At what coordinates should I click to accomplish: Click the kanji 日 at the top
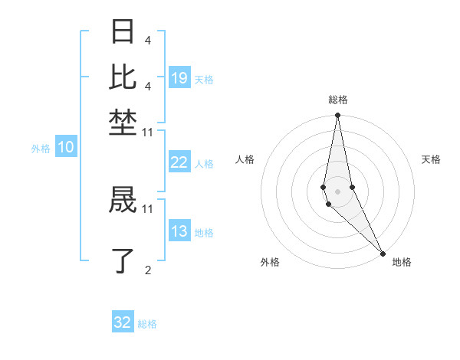123,33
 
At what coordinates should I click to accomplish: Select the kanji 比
123,76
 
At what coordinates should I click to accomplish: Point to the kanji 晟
123,201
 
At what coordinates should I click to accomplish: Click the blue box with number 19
179,77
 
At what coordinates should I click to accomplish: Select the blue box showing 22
179,162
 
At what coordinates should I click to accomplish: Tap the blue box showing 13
179,231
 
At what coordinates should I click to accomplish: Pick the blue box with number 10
66,148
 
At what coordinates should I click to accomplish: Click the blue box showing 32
123,322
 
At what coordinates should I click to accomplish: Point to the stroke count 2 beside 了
148,269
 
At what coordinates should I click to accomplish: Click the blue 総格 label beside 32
147,324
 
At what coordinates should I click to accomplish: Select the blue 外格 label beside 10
41,149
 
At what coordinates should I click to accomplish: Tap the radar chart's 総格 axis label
338,100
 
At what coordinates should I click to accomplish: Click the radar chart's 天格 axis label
431,159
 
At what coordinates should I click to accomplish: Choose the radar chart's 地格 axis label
402,262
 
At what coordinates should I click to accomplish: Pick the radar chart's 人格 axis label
245,159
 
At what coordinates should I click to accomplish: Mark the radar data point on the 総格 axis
337,116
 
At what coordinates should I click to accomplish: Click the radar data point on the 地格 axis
383,253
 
